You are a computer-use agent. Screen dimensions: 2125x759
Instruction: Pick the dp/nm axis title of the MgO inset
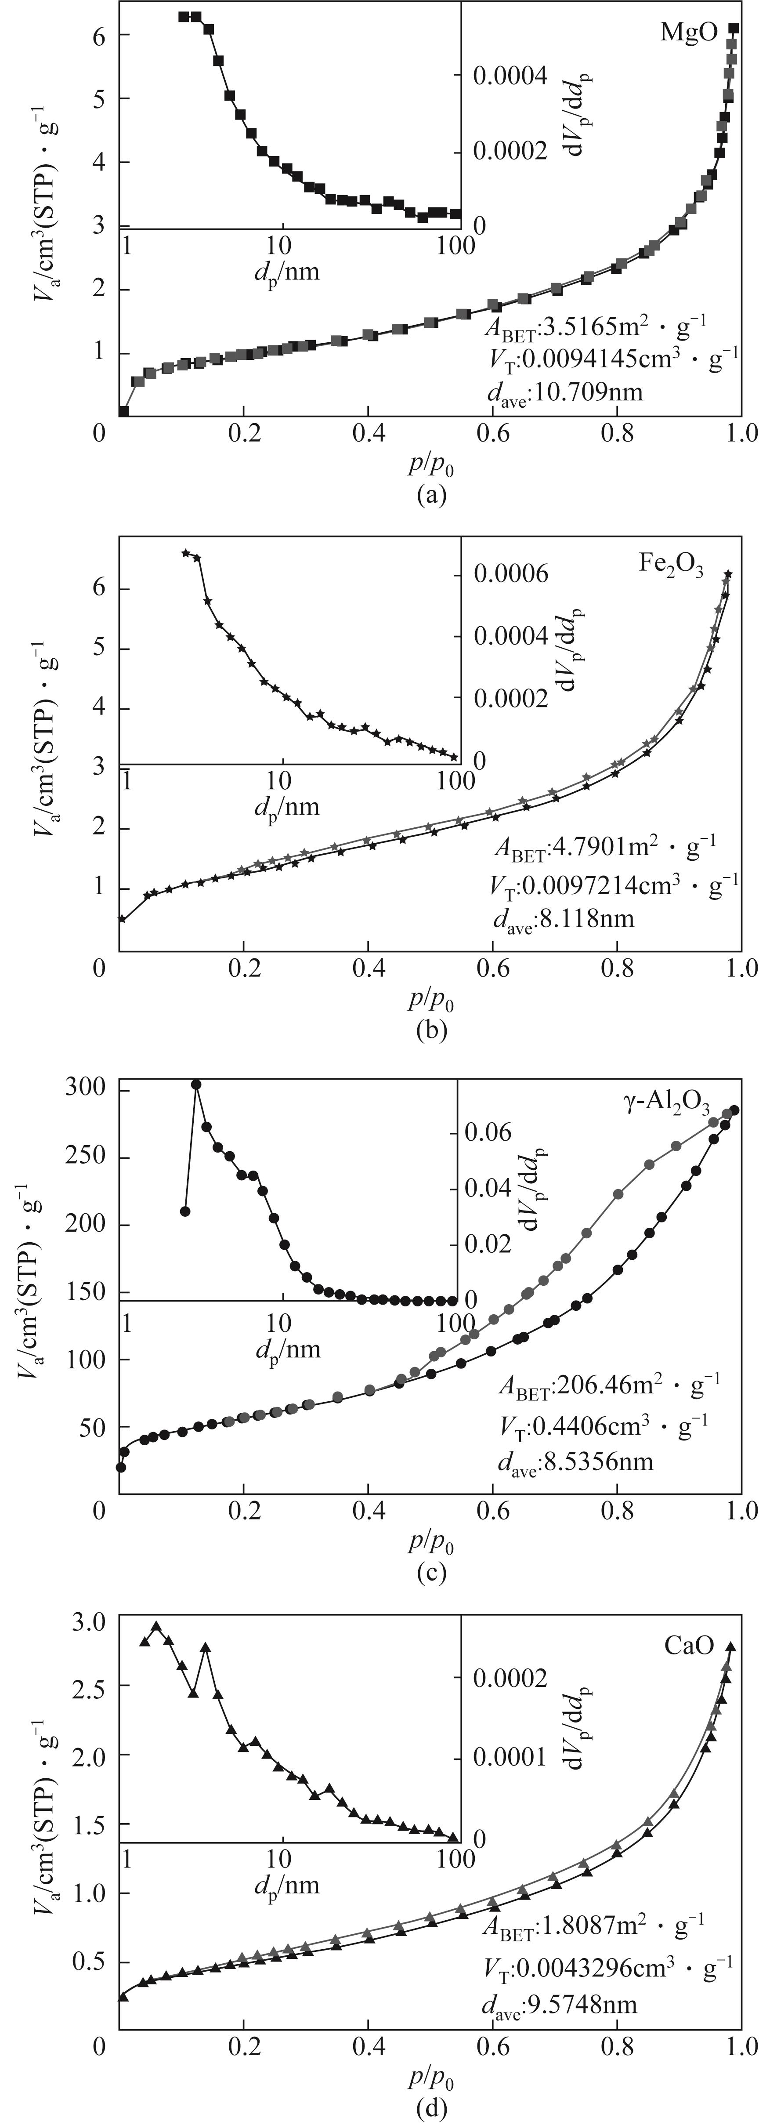286,271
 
